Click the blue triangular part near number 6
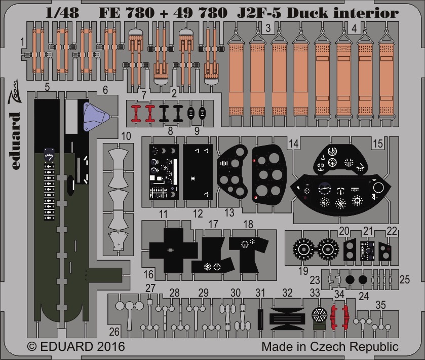coord(95,117)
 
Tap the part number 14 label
coord(294,143)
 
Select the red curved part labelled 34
coord(339,315)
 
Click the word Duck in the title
coord(307,13)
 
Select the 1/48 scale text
coord(62,13)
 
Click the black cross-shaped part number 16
coord(173,250)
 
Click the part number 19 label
coord(303,270)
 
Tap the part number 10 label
coord(126,136)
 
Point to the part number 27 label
coord(150,288)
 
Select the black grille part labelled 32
coord(288,319)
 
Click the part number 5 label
coord(47,87)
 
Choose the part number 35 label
coord(380,305)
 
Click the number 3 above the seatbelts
coord(268,28)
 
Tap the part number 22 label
coord(392,231)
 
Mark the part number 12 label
coord(198,214)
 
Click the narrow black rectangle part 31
coord(260,319)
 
